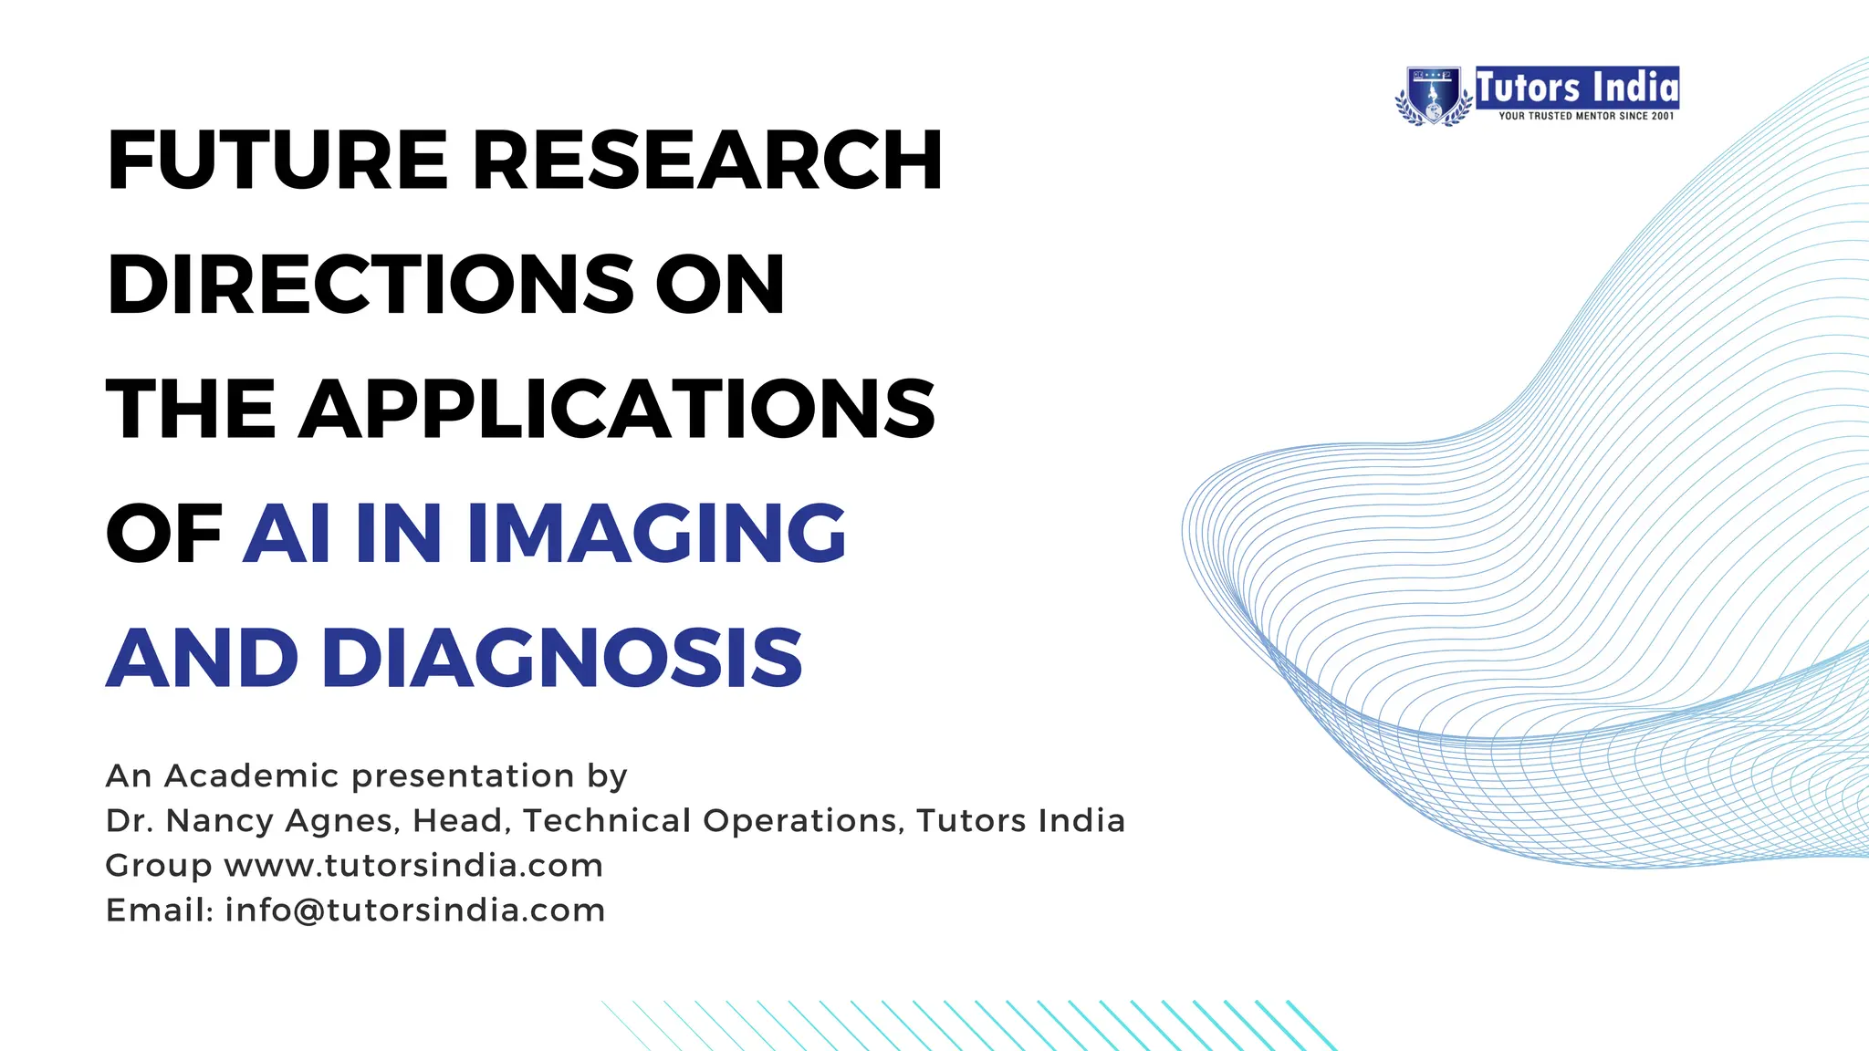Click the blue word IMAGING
click(x=656, y=534)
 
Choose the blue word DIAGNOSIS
click(x=562, y=658)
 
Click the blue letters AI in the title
click(x=287, y=534)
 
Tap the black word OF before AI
click(x=164, y=534)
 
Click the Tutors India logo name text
click(x=1577, y=88)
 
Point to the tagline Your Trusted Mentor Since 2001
click(x=1586, y=116)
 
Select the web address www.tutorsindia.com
click(x=413, y=865)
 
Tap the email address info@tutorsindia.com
click(x=415, y=910)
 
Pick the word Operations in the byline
click(x=803, y=820)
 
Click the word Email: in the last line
click(x=160, y=910)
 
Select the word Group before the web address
click(x=159, y=867)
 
